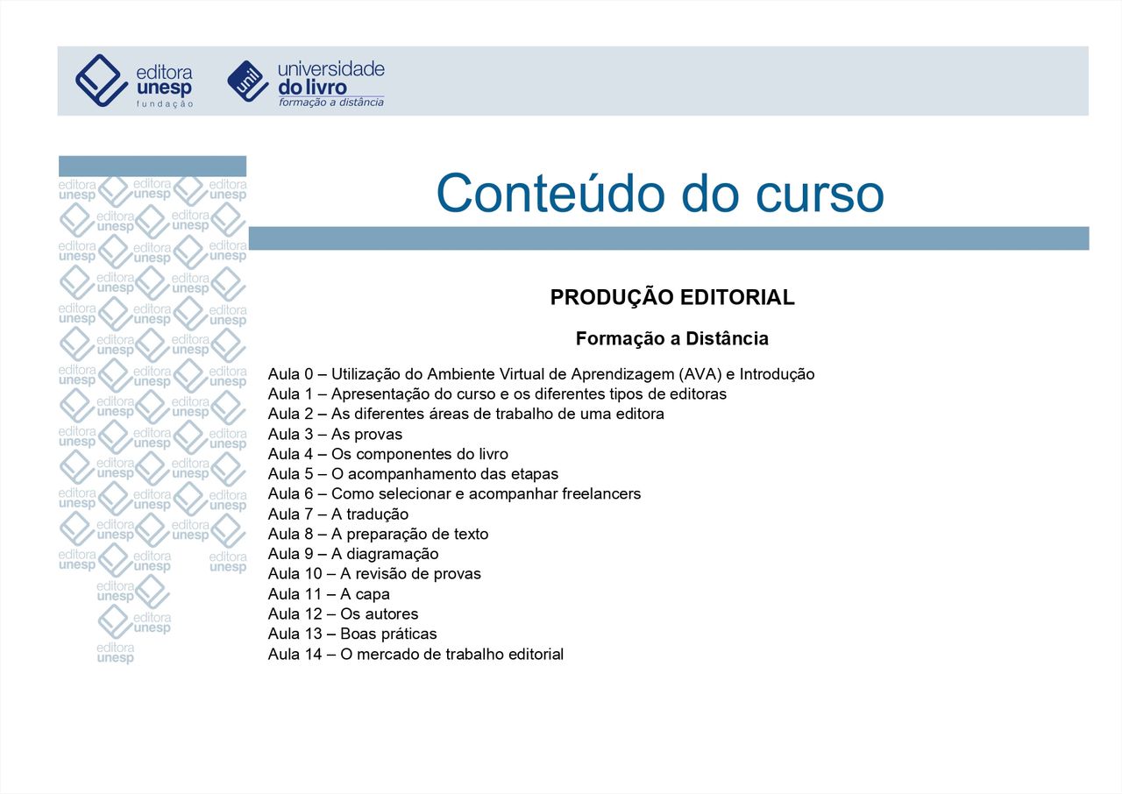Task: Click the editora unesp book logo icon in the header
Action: point(101,81)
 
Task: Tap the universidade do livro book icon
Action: point(248,82)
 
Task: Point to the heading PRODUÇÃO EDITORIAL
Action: point(672,297)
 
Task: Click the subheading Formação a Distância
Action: point(672,338)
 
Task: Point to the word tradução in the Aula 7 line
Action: point(377,514)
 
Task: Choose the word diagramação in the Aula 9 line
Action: point(392,554)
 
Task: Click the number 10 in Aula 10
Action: point(313,574)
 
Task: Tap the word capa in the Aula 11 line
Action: point(373,594)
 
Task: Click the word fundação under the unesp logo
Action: point(165,104)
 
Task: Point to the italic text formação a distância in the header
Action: point(331,103)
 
